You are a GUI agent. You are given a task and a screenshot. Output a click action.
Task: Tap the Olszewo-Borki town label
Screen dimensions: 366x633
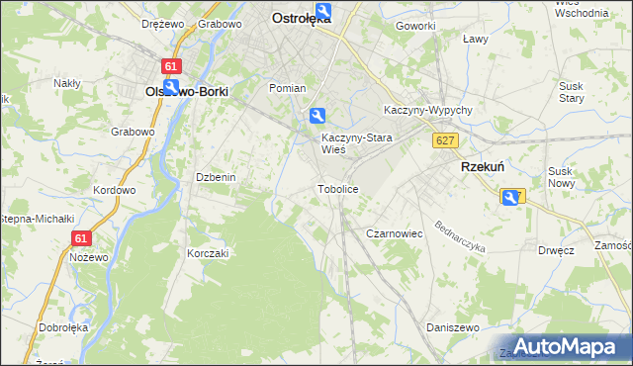click(x=187, y=91)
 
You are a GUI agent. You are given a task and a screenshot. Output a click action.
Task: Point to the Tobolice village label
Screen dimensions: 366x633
click(x=336, y=188)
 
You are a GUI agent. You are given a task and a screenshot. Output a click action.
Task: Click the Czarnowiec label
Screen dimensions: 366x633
click(x=395, y=233)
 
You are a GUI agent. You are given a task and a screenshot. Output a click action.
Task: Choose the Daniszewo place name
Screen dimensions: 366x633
click(x=452, y=326)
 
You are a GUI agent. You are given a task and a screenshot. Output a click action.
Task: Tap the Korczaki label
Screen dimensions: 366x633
click(x=208, y=253)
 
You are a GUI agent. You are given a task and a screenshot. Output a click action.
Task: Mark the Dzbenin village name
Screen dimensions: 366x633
click(x=215, y=177)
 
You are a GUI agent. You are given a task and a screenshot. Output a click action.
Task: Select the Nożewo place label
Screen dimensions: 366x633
click(x=90, y=257)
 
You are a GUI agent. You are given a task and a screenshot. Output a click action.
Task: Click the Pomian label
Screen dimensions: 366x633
click(x=288, y=88)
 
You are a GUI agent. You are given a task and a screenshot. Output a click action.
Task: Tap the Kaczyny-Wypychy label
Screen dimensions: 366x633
click(x=428, y=110)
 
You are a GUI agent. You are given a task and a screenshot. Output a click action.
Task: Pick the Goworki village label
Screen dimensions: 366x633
click(x=414, y=26)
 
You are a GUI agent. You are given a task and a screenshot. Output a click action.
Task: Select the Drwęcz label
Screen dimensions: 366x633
click(x=557, y=250)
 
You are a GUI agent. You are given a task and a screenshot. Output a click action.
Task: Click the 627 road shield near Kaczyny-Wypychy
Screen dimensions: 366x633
click(x=444, y=141)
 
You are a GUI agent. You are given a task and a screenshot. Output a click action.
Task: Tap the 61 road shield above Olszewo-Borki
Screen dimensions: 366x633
click(x=173, y=65)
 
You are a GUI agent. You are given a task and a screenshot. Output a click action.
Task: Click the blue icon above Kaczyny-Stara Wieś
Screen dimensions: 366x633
click(x=316, y=116)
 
